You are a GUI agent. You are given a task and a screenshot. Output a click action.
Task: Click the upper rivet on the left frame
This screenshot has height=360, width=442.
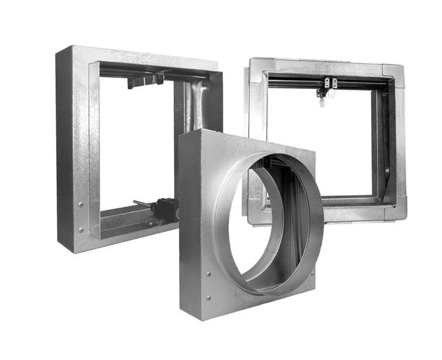80,204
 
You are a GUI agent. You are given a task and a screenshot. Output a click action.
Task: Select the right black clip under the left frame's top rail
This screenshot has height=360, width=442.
159,78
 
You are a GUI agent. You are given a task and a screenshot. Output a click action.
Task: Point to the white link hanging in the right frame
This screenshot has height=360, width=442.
331,93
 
